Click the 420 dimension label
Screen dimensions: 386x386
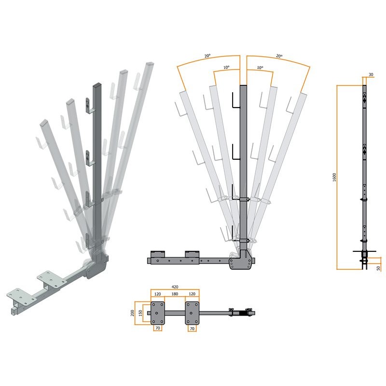click(x=175, y=287)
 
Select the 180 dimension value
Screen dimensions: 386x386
click(x=175, y=294)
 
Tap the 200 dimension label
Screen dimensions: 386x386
click(x=132, y=313)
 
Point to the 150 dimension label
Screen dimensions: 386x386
click(x=140, y=313)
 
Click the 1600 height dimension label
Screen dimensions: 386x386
click(x=334, y=177)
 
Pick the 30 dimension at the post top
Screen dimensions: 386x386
click(x=371, y=74)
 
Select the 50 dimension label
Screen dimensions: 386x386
click(x=379, y=268)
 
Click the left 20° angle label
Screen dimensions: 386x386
click(x=207, y=56)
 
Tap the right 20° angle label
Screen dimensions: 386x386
click(x=279, y=56)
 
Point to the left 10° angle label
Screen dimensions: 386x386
click(x=226, y=67)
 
